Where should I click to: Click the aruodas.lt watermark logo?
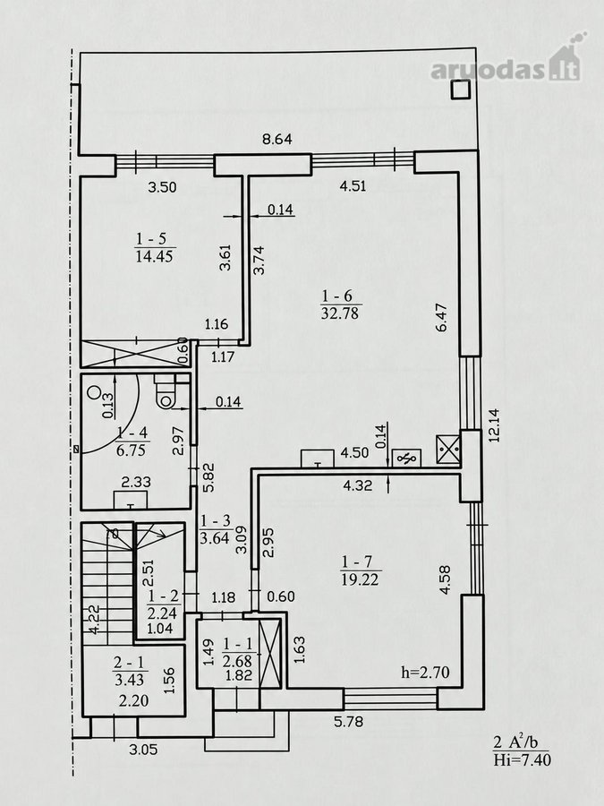click(506, 63)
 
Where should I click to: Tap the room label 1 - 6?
click(337, 296)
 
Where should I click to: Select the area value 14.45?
click(155, 256)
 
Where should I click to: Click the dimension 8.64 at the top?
click(276, 140)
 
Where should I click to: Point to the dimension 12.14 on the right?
click(494, 425)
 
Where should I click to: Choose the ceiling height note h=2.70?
click(425, 672)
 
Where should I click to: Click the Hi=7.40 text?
click(522, 759)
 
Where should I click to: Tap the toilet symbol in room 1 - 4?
click(166, 391)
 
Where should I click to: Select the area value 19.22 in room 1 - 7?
click(360, 579)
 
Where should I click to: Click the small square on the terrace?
click(460, 90)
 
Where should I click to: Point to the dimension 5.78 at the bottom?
click(348, 722)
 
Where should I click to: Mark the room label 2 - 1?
click(130, 663)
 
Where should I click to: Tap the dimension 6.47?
click(442, 317)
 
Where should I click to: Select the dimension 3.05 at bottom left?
click(143, 750)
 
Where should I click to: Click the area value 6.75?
click(131, 450)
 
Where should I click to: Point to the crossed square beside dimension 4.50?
click(448, 450)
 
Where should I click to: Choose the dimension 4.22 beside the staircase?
click(93, 620)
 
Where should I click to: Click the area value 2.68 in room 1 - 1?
click(238, 659)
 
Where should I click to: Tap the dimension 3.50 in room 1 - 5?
click(162, 186)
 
